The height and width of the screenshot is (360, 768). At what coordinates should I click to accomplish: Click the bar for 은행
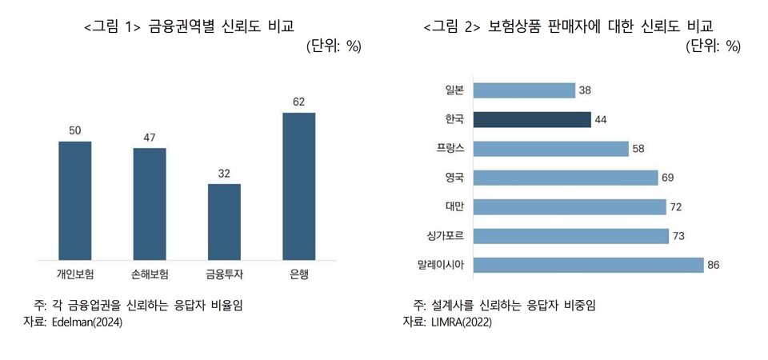(x=299, y=186)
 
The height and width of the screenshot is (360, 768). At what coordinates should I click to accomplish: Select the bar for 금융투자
(x=224, y=221)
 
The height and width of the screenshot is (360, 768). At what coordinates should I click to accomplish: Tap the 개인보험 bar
(x=74, y=200)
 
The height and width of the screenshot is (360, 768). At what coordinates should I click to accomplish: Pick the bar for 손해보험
(x=150, y=203)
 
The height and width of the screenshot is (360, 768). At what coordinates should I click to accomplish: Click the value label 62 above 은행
(x=299, y=102)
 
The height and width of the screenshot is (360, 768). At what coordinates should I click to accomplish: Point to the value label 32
(x=224, y=173)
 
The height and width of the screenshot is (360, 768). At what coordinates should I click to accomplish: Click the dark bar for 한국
(x=532, y=119)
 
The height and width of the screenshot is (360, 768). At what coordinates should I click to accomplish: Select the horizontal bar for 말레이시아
(x=588, y=265)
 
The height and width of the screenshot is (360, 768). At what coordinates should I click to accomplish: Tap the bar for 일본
(x=524, y=90)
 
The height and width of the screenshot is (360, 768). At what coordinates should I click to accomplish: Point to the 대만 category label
(x=454, y=206)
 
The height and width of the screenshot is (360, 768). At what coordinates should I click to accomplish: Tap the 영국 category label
(x=454, y=178)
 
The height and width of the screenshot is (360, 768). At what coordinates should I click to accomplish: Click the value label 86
(x=714, y=265)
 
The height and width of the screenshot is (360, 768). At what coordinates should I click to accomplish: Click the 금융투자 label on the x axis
(x=225, y=274)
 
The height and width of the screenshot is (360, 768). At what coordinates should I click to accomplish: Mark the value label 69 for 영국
(x=669, y=178)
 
